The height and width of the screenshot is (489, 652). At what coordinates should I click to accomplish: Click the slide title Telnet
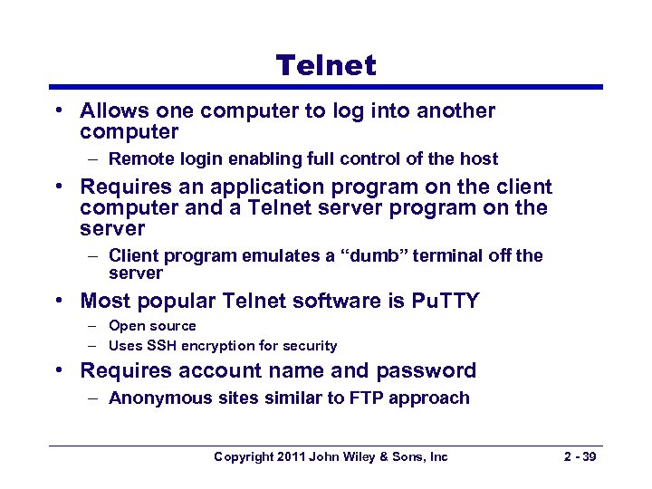coord(325,64)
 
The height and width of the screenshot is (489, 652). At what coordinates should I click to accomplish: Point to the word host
coord(478,159)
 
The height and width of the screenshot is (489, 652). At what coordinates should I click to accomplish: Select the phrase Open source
coord(152,326)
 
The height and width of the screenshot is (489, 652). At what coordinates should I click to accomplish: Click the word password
coord(426,371)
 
